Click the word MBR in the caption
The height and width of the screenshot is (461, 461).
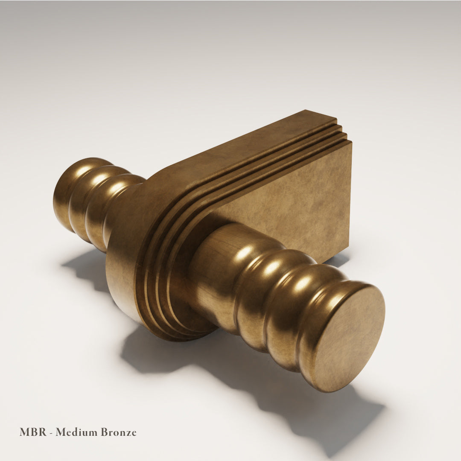point(33,432)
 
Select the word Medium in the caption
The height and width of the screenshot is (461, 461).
point(76,432)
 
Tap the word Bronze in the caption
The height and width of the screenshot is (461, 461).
point(119,432)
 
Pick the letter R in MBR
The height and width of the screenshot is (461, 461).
point(42,432)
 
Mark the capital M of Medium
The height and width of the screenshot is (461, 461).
point(61,432)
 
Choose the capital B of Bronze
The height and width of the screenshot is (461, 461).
point(105,432)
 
